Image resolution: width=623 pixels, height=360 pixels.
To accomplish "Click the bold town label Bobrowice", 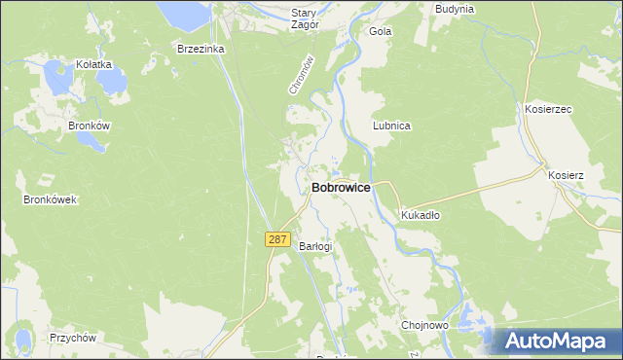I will click(x=341, y=188).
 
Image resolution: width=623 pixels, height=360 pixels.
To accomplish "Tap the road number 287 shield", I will click(x=277, y=239).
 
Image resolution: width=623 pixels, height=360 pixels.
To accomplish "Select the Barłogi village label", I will click(x=315, y=246).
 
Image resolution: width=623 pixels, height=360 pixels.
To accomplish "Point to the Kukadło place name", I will click(x=421, y=216).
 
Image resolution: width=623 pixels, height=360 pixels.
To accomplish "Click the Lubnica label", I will click(x=392, y=126).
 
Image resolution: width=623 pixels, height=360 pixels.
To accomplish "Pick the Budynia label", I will click(x=455, y=9).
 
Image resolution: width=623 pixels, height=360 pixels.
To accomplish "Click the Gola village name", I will click(x=380, y=31).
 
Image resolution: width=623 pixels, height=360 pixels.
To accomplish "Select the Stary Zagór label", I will click(x=305, y=19).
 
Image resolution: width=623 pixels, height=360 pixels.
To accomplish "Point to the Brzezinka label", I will click(x=202, y=48).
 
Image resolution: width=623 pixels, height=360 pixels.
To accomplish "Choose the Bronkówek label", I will click(x=50, y=199).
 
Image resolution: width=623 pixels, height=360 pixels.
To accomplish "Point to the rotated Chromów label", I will click(x=303, y=74).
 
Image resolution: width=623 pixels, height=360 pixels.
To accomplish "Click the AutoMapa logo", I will click(x=556, y=341).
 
